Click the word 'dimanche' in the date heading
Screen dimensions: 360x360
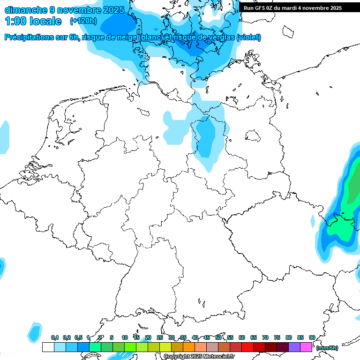point(25,10)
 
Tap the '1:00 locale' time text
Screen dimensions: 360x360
point(33,21)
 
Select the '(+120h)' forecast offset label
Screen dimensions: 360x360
point(83,21)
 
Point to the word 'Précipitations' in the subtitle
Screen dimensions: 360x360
point(29,37)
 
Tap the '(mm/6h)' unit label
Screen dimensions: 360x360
point(327,348)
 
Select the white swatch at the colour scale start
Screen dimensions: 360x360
point(48,347)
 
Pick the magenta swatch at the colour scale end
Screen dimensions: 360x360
point(306,347)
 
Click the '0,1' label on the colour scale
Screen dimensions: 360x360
point(54,337)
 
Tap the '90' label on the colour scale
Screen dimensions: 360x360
point(312,337)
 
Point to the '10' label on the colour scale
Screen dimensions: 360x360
point(124,337)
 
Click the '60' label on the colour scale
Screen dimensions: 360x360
point(241,337)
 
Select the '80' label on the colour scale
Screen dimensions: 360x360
point(288,337)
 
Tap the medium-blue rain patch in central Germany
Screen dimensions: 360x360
point(205,138)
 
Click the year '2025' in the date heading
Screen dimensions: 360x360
point(113,10)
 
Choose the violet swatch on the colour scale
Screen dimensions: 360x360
point(294,347)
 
